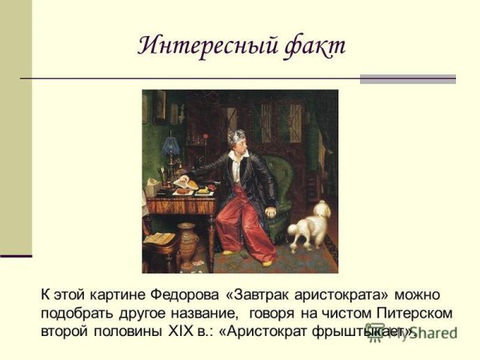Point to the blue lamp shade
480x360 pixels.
pos(170,145)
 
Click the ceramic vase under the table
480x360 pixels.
pos(188,244)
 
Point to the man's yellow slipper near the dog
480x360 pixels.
pos(266,262)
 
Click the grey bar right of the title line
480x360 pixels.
pos(407,79)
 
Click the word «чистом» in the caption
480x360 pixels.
pos(341,312)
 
